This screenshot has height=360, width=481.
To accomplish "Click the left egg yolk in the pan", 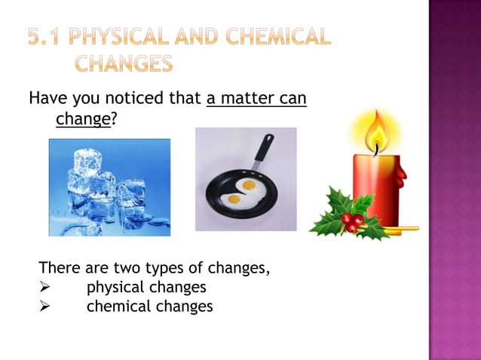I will pyautogui.click(x=234, y=199).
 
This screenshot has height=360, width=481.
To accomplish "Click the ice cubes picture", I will pyautogui.click(x=109, y=188).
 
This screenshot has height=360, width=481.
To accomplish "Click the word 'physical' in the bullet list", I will pyautogui.click(x=115, y=287).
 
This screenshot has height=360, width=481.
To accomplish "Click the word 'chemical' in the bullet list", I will pyautogui.click(x=117, y=307).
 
